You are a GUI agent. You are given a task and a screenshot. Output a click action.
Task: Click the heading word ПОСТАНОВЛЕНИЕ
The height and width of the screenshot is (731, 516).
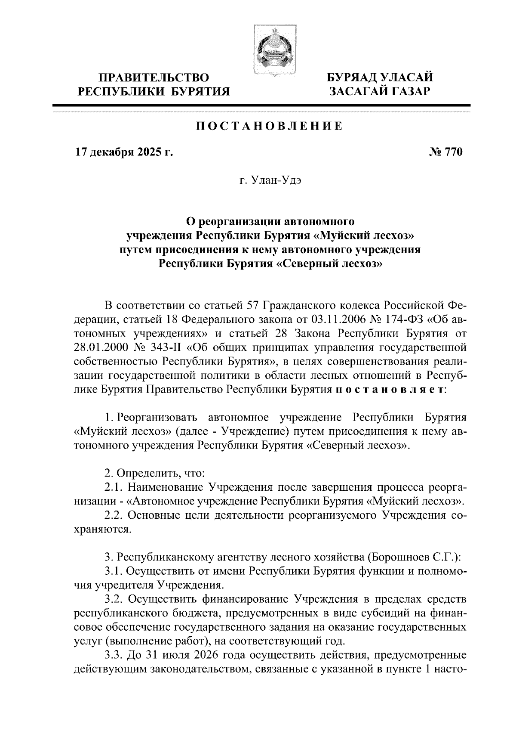click(270, 126)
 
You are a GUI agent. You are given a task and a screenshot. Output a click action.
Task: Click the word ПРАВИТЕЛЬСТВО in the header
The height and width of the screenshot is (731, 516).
click(154, 77)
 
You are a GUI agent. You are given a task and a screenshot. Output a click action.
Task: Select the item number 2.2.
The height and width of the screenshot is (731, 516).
click(114, 515)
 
